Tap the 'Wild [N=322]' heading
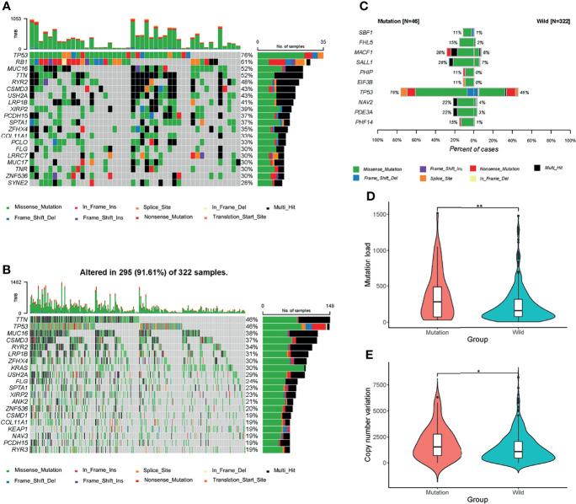pyautogui.click(x=547, y=17)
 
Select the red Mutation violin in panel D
pyautogui.click(x=436, y=287)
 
